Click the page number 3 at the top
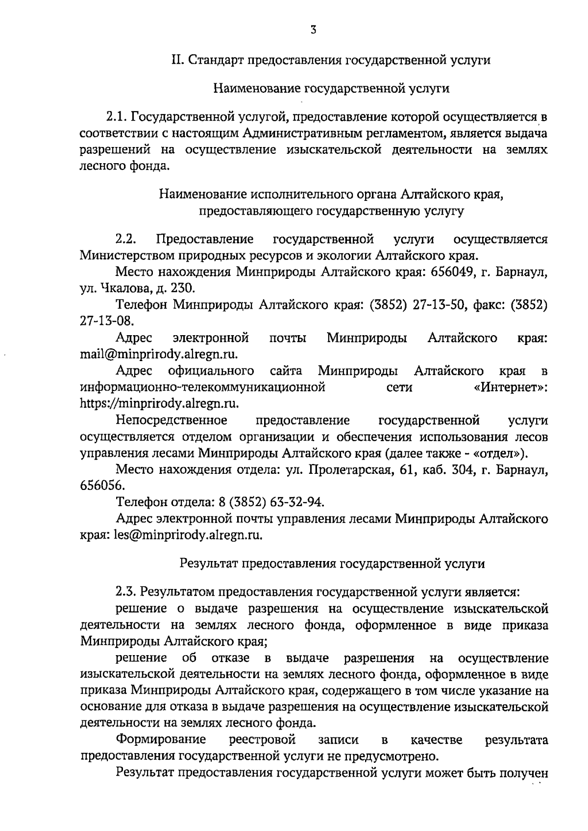click(313, 30)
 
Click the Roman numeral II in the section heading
click(177, 60)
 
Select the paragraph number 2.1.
click(118, 117)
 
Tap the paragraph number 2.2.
click(125, 240)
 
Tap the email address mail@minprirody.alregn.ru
click(159, 354)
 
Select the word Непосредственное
click(171, 420)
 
